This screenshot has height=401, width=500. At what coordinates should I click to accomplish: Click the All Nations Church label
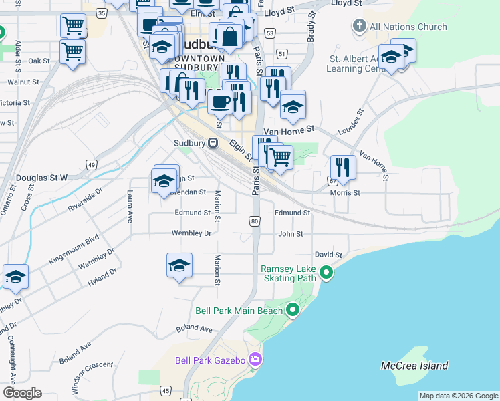(408, 27)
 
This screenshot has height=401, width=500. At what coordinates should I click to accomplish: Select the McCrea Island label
(414, 366)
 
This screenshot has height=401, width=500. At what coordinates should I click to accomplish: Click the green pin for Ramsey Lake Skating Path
(326, 272)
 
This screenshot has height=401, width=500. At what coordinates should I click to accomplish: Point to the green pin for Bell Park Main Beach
(293, 310)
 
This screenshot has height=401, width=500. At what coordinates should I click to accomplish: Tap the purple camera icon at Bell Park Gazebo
(255, 360)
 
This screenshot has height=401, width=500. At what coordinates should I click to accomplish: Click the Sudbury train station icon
(213, 142)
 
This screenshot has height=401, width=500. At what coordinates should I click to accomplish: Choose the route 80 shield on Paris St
(254, 221)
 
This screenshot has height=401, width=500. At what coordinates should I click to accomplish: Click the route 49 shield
(92, 164)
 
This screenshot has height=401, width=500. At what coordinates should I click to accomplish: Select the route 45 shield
(166, 390)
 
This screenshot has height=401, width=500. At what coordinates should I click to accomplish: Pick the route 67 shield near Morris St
(333, 181)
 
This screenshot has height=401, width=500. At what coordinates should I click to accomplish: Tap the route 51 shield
(283, 53)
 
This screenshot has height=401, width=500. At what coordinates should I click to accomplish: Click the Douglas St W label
(41, 178)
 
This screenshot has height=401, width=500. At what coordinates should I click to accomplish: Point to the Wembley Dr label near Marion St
(191, 233)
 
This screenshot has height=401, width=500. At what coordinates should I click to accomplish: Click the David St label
(328, 255)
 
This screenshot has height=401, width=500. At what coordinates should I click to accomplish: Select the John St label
(291, 234)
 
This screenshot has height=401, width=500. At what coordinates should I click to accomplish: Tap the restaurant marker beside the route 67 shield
(343, 168)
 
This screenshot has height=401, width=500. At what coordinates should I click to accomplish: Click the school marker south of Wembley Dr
(179, 265)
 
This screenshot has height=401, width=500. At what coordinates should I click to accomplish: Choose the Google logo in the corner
(22, 393)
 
